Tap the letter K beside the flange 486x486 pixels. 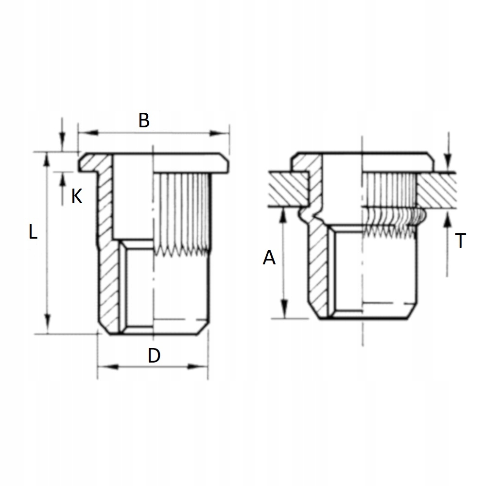coord(77,196)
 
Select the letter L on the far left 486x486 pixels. coord(32,232)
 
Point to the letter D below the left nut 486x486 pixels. coord(154,356)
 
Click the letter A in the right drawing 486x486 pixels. coord(269,258)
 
